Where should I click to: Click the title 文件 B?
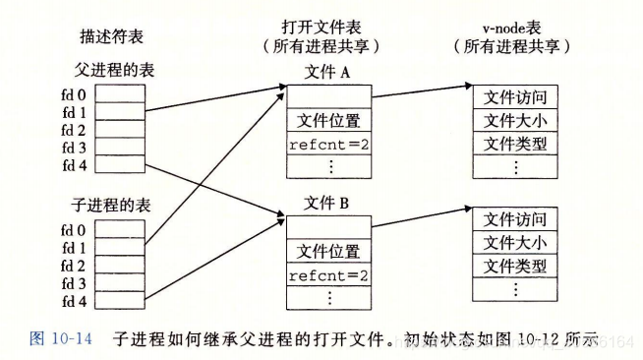(x=327, y=205)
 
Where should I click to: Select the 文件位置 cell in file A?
(x=327, y=121)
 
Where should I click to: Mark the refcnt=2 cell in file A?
(x=327, y=144)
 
